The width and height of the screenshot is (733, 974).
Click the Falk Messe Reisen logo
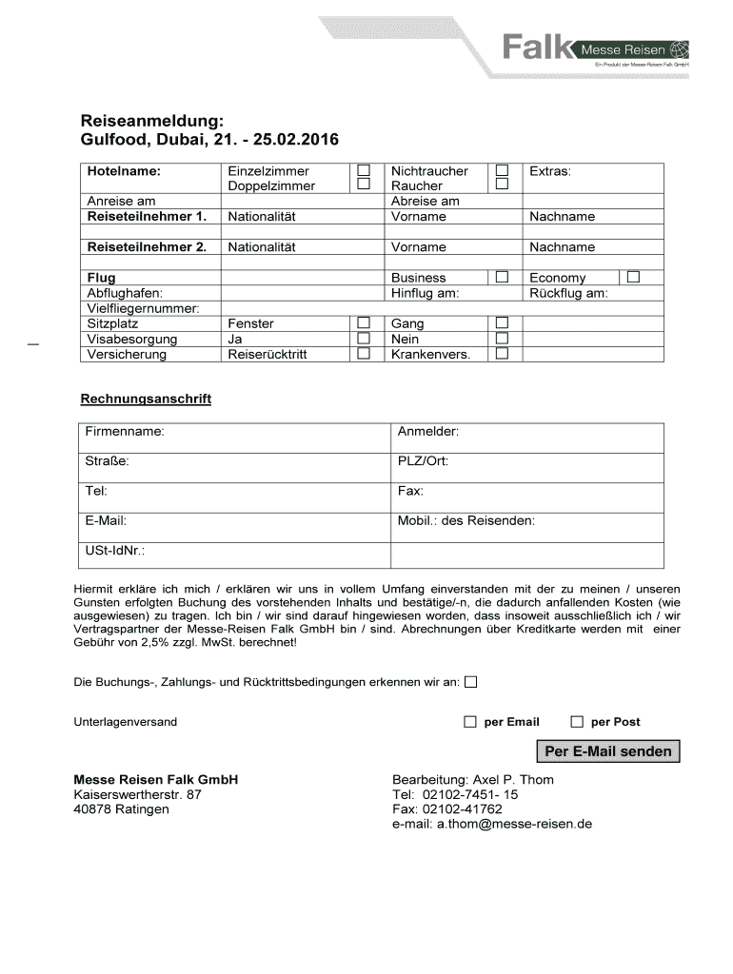pyautogui.click(x=594, y=48)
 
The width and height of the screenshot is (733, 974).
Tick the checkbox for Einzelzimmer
pyautogui.click(x=363, y=170)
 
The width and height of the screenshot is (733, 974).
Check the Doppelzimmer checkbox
pyautogui.click(x=363, y=185)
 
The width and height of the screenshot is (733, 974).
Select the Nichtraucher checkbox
pyautogui.click(x=502, y=170)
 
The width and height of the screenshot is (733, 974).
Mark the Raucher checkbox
pyautogui.click(x=502, y=185)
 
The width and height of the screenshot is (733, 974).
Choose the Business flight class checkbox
pyautogui.click(x=502, y=277)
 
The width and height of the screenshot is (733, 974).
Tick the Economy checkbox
pyautogui.click(x=633, y=277)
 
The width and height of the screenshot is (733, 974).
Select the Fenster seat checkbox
pyautogui.click(x=363, y=323)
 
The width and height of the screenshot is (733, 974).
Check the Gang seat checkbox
pyautogui.click(x=502, y=323)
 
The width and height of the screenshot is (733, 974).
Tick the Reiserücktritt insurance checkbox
pyautogui.click(x=363, y=354)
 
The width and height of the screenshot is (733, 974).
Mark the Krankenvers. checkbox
pyautogui.click(x=502, y=354)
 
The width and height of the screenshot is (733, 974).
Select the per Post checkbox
pyautogui.click(x=576, y=722)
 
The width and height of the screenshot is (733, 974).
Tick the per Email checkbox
pyautogui.click(x=469, y=722)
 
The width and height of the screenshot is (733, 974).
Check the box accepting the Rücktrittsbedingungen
pyautogui.click(x=471, y=682)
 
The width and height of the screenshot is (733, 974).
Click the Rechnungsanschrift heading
pyautogui.click(x=146, y=399)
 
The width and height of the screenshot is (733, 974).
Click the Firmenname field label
pyautogui.click(x=125, y=432)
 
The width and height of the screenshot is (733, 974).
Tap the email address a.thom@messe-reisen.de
pyautogui.click(x=492, y=824)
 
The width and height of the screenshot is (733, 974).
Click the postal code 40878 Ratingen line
pyautogui.click(x=122, y=808)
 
